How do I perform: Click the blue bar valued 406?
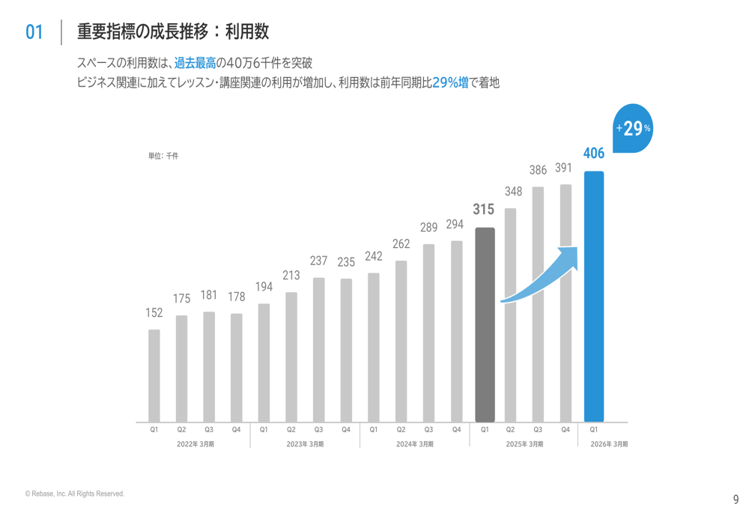click(593, 297)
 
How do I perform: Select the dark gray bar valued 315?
click(485, 324)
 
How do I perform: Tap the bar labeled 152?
click(154, 375)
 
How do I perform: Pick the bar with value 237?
click(318, 350)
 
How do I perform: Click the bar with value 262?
click(401, 341)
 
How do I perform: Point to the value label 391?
click(564, 169)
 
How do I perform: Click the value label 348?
click(513, 192)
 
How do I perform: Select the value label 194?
click(264, 287)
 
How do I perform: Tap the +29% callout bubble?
click(634, 129)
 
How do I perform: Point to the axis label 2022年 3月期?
click(195, 444)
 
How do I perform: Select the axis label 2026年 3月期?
click(609, 444)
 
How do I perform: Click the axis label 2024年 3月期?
click(415, 444)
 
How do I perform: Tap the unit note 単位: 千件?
click(163, 156)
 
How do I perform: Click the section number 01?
click(34, 32)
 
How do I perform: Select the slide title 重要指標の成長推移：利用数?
click(173, 31)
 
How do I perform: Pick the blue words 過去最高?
click(195, 63)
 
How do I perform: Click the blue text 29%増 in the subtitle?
click(450, 82)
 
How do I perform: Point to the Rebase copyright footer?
click(74, 494)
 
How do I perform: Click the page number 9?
click(736, 500)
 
